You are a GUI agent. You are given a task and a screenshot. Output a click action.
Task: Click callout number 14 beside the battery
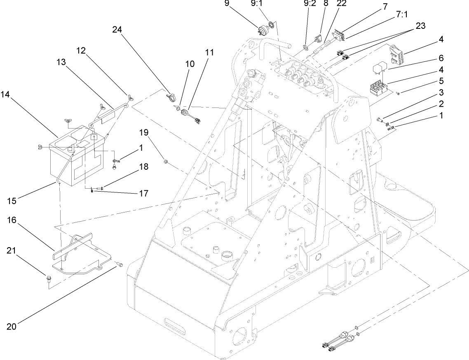tap(6, 94)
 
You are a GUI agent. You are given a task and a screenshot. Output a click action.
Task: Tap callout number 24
tap(117, 29)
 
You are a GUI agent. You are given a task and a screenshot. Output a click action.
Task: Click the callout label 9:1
tap(267, 3)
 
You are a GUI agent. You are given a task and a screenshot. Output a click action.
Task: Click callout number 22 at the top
tap(341, 3)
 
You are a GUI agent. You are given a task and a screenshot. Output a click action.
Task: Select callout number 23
tap(420, 26)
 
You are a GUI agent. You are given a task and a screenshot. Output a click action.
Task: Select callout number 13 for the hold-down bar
tap(61, 62)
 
